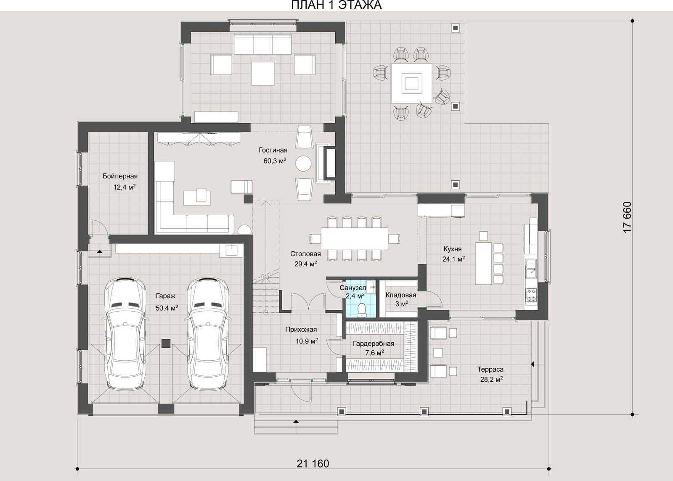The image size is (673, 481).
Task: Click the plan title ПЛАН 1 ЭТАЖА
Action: click(336, 5)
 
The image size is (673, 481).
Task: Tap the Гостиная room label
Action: click(273, 150)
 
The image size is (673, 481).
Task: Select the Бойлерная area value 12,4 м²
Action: click(125, 188)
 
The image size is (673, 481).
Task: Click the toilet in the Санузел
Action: click(361, 310)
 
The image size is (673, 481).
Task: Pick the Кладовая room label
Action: click(401, 295)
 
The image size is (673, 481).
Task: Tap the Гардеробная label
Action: click(374, 344)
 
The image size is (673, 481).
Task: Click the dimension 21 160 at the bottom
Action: click(313, 464)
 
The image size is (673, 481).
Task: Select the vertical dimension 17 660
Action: click(627, 217)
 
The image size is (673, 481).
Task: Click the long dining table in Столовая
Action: click(355, 239)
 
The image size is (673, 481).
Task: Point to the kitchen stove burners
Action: click(530, 295)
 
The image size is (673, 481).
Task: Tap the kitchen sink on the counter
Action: click(530, 269)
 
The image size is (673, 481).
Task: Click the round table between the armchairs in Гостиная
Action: click(303, 163)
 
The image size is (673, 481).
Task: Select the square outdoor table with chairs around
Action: click(412, 84)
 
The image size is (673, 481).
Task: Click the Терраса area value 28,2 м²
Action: click(492, 379)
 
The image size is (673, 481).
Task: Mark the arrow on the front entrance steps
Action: click(296, 422)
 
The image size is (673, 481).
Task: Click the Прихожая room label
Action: click(301, 329)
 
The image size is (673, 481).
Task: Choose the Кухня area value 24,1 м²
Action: click(454, 259)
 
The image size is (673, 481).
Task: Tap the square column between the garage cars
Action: click(166, 343)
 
